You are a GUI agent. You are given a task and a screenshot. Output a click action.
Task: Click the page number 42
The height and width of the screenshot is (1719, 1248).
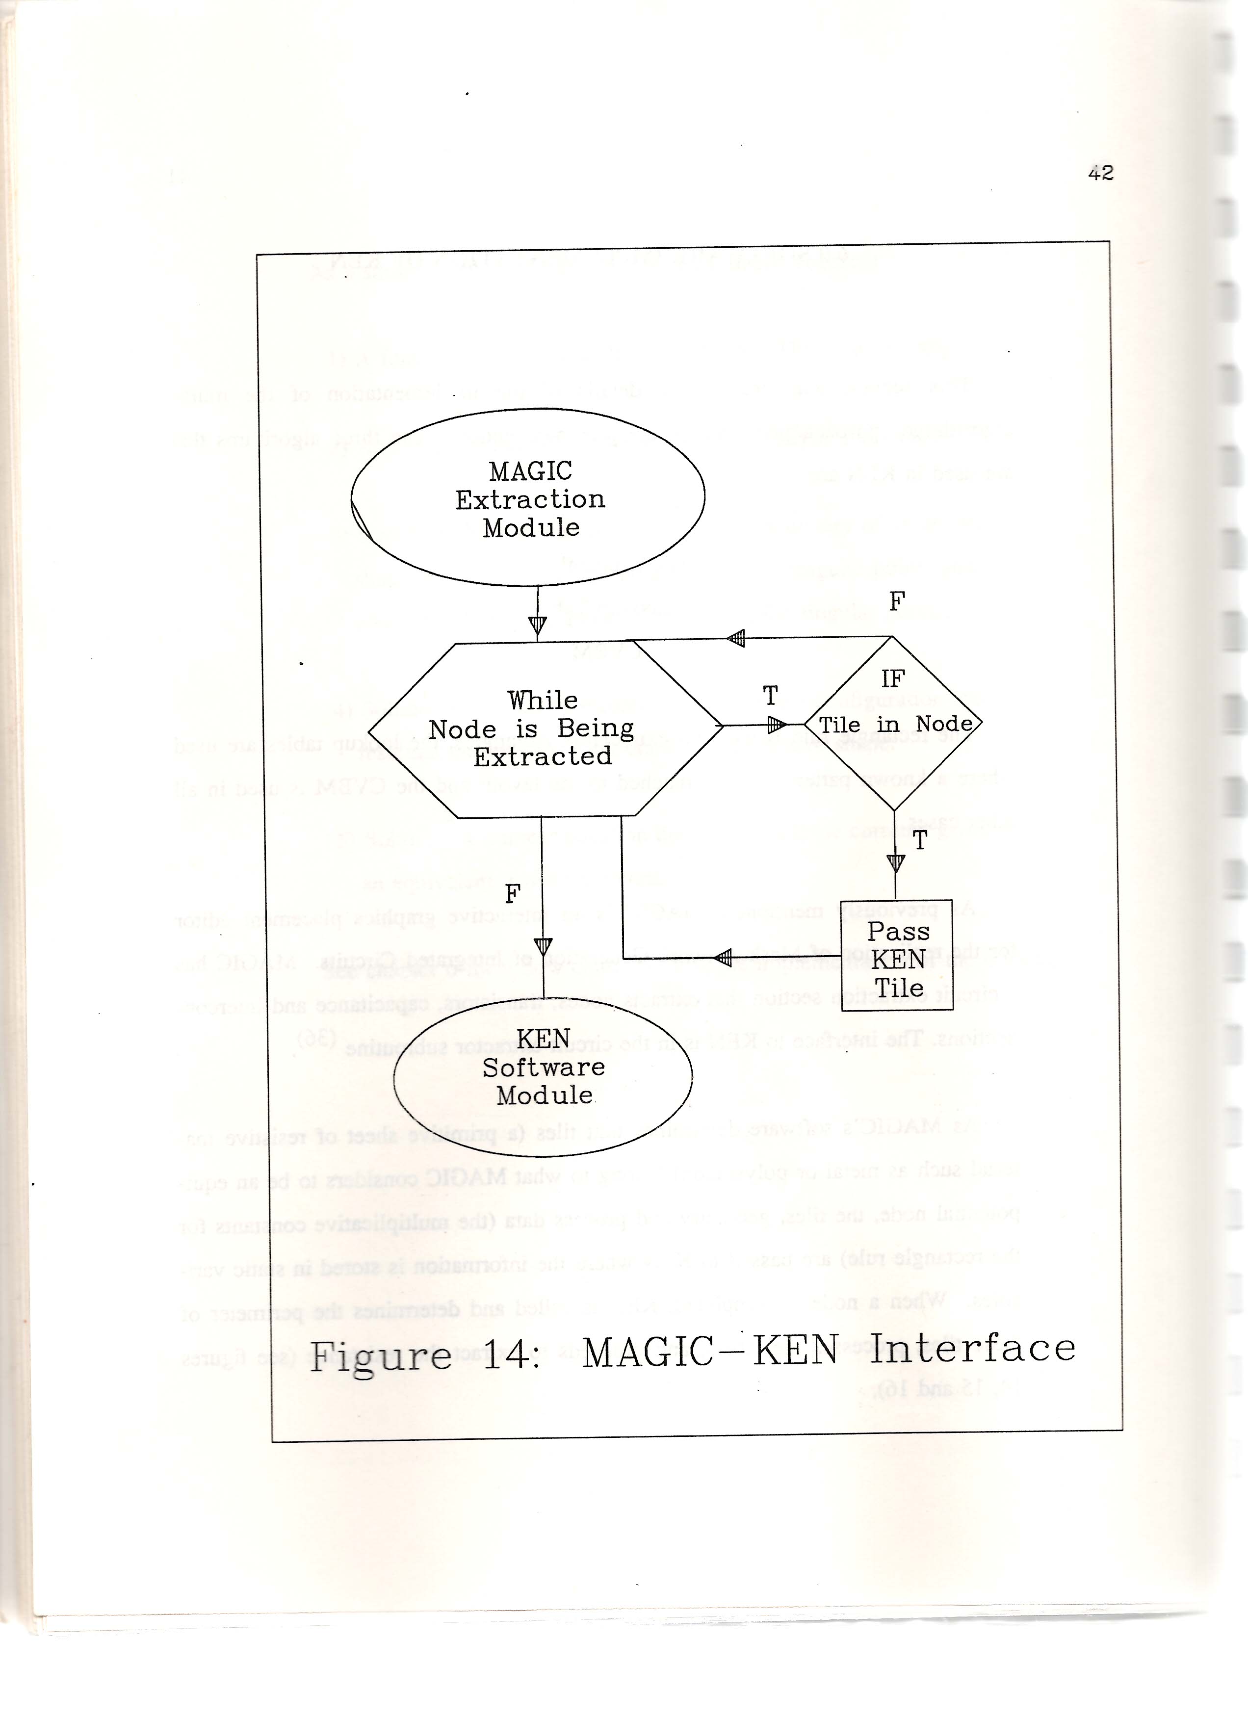coord(1100,174)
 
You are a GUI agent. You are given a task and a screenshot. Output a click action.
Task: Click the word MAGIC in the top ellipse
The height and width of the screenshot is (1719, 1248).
coord(530,471)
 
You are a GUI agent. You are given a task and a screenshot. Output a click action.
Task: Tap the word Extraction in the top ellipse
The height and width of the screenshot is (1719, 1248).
coord(530,499)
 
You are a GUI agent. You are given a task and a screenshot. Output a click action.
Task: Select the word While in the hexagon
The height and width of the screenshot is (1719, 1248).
coord(543,700)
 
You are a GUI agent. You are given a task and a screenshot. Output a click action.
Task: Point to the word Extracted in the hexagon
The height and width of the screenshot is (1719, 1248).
coord(543,756)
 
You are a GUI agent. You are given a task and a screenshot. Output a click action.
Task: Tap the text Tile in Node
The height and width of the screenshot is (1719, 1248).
coord(896,725)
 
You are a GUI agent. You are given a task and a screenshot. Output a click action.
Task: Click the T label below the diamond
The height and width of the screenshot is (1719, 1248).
coord(920,840)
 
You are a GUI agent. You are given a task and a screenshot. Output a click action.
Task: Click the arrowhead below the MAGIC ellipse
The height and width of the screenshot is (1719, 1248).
coord(537,626)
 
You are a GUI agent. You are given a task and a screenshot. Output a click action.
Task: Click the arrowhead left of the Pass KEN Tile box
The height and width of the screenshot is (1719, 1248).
coord(724,958)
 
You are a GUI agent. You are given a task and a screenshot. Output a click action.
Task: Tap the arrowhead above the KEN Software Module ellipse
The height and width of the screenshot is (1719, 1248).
coord(543,947)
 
